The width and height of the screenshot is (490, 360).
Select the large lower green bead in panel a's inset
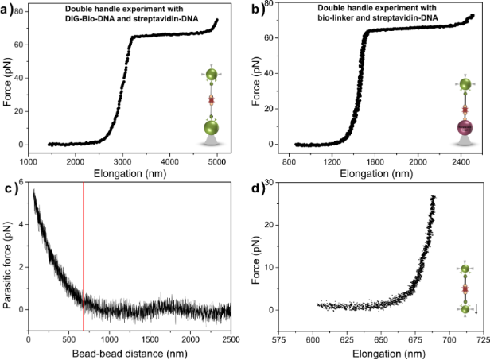click(x=212, y=127)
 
